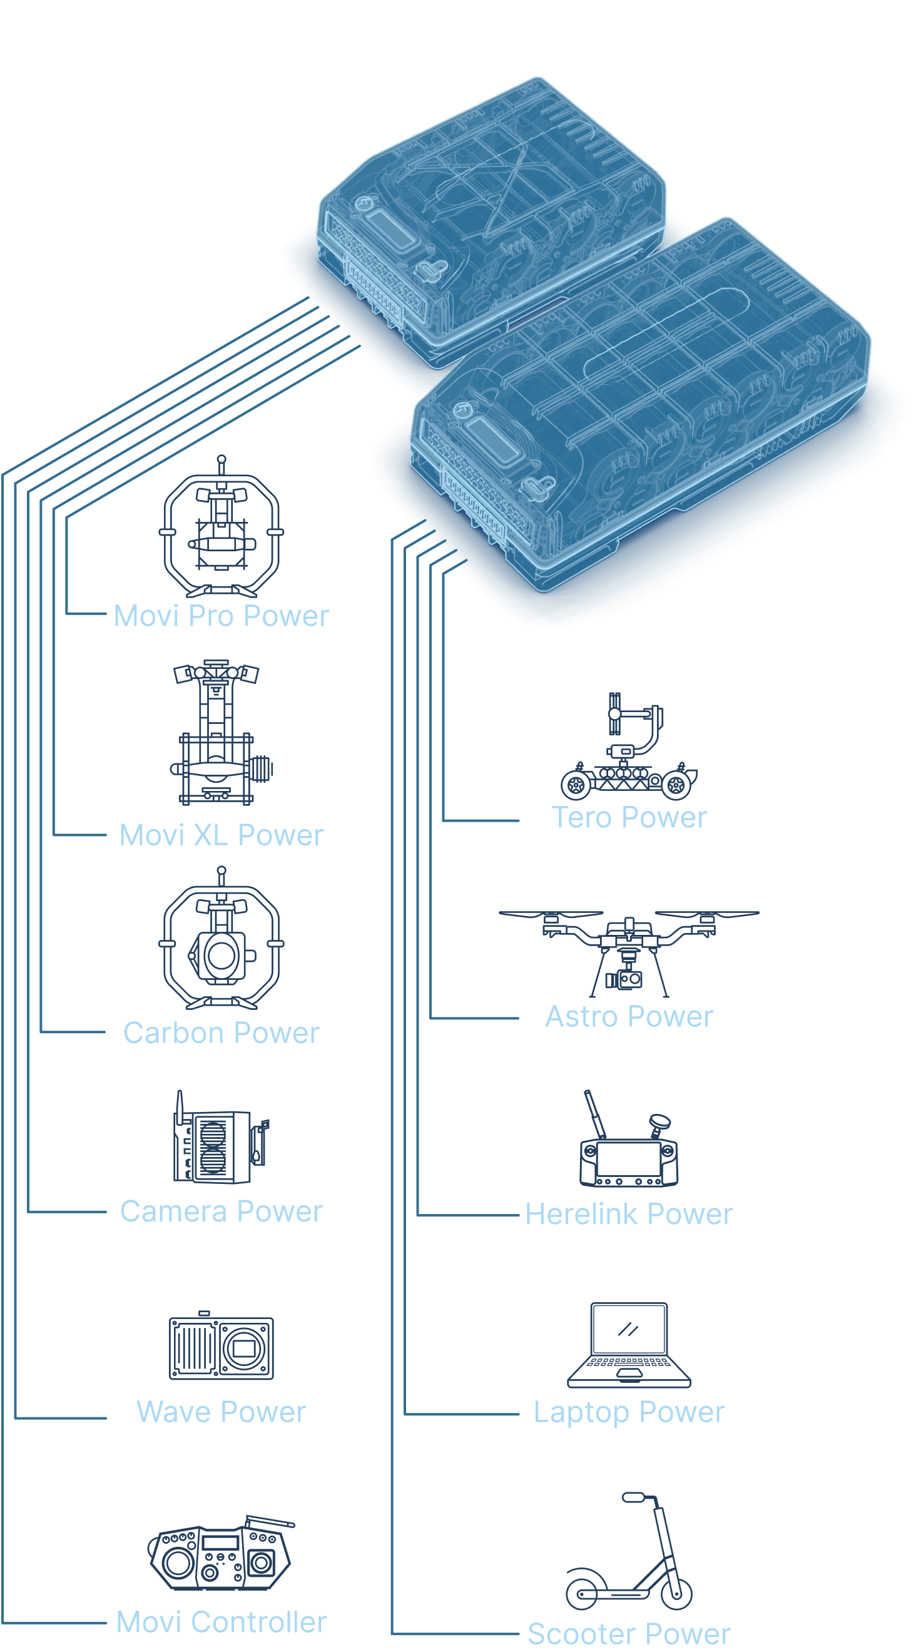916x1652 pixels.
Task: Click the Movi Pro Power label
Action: click(x=221, y=616)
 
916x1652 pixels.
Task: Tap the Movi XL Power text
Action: click(x=221, y=835)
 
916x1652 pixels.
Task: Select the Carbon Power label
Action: click(x=221, y=1032)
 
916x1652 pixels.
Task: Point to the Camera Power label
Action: click(x=221, y=1211)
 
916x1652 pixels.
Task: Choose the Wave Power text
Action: click(x=221, y=1412)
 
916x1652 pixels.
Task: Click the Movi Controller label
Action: click(x=221, y=1622)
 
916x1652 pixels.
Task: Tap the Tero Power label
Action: click(x=629, y=817)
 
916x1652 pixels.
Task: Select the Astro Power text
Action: click(x=629, y=1016)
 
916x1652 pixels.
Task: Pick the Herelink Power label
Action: click(x=629, y=1214)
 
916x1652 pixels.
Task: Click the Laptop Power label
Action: click(x=629, y=1412)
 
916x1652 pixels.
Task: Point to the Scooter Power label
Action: click(x=629, y=1633)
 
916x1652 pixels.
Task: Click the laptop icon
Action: click(x=629, y=1345)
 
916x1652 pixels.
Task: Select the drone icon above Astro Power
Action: click(x=629, y=954)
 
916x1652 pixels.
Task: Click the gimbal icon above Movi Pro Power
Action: click(x=221, y=526)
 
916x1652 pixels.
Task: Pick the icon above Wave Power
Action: click(x=221, y=1345)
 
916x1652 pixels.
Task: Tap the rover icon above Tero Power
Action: click(x=629, y=747)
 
